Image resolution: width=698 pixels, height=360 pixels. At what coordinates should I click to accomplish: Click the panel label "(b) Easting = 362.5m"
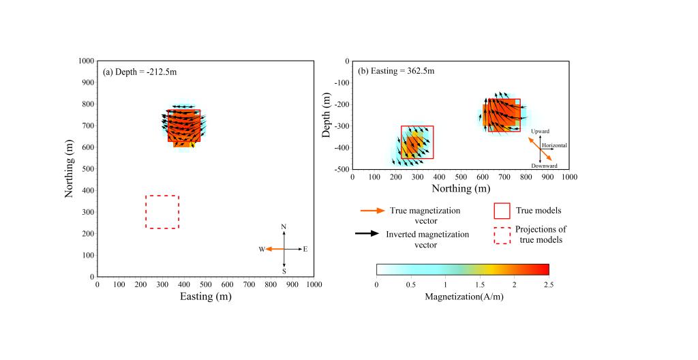pyautogui.click(x=396, y=70)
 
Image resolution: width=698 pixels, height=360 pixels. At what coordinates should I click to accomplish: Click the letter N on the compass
pyautogui.click(x=284, y=226)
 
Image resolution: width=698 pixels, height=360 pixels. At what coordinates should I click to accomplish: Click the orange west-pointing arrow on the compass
pyautogui.click(x=275, y=250)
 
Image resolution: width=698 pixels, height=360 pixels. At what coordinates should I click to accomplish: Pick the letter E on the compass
pyautogui.click(x=305, y=250)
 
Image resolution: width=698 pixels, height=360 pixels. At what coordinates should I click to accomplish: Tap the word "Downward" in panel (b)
pyautogui.click(x=545, y=166)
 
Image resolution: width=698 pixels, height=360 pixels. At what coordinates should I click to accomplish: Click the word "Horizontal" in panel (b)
pyautogui.click(x=554, y=145)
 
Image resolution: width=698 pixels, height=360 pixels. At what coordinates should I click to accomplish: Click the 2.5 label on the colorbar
pyautogui.click(x=548, y=284)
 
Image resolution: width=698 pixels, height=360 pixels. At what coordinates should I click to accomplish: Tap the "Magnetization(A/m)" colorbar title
pyautogui.click(x=462, y=297)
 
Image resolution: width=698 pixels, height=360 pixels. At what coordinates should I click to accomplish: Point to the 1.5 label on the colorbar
pyautogui.click(x=479, y=284)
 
